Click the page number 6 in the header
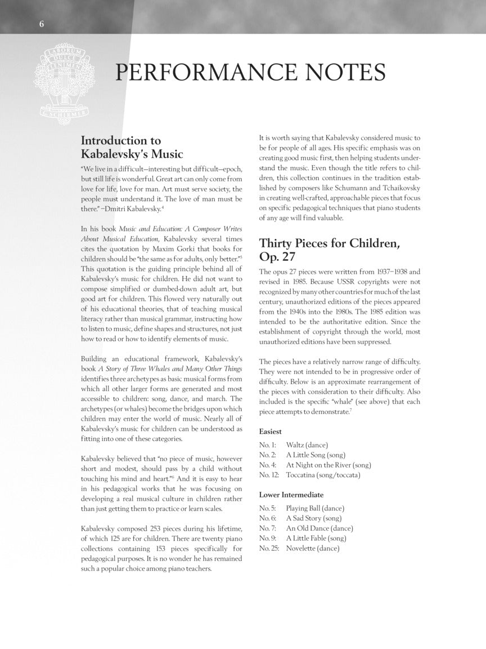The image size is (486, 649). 42,23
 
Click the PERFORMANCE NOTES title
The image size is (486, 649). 250,73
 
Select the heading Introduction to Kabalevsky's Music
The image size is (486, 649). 132,147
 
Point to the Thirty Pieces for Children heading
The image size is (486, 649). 329,250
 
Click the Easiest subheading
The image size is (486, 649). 271,431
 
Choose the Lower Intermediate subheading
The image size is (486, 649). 291,495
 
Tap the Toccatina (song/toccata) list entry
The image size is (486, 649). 322,475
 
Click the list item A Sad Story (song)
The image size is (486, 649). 313,518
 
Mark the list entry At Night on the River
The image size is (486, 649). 328,465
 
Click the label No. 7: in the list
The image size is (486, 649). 268,528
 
